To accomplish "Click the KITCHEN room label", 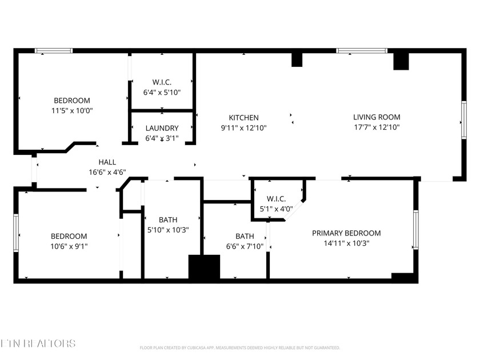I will tap(244, 118).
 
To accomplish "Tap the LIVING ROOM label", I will tap(376, 118).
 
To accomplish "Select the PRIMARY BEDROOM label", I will tap(346, 233).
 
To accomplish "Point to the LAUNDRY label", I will tap(162, 129).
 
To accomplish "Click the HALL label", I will tap(107, 162).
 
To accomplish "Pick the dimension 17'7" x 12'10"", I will tap(376, 127).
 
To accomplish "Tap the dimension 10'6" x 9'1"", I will tap(69, 246).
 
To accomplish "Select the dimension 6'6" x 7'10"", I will tap(245, 246).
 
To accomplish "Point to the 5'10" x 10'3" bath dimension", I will tap(168, 230).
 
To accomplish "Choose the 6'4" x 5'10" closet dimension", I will tap(162, 91).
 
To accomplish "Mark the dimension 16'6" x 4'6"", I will tap(107, 172).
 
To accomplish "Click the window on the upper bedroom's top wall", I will tap(54, 51).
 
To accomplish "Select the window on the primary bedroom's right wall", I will tap(415, 230).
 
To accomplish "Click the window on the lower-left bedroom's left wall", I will tap(17, 233).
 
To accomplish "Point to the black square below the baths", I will tap(204, 267).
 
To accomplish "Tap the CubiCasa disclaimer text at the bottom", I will tap(240, 347).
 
